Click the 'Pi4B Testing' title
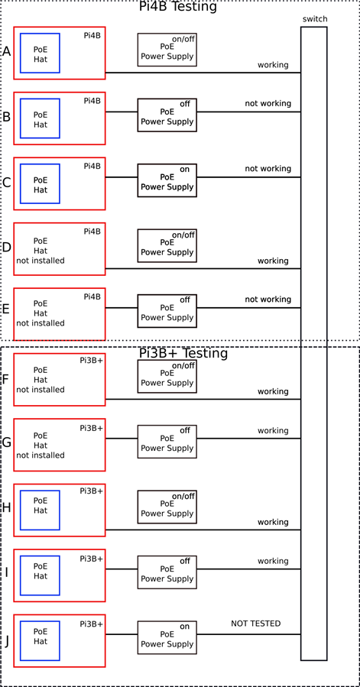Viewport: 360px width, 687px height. (x=177, y=7)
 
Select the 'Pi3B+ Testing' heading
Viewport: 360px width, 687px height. (x=183, y=353)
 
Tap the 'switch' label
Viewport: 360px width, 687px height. (x=315, y=19)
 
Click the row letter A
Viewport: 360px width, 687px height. (x=7, y=52)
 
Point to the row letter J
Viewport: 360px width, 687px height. (x=7, y=641)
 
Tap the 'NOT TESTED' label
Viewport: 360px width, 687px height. (x=255, y=623)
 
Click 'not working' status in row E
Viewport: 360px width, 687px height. (x=268, y=300)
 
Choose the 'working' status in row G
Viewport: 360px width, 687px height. (x=273, y=431)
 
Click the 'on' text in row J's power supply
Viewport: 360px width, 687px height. (x=185, y=627)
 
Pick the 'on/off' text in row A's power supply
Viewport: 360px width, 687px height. (x=183, y=39)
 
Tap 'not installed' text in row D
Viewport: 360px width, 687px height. (x=41, y=261)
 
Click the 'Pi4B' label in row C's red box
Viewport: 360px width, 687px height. (x=92, y=166)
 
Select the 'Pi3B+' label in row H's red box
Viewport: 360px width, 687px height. (x=91, y=491)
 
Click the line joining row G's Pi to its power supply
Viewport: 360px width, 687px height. (x=122, y=438)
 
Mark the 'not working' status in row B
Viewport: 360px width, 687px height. (x=268, y=103)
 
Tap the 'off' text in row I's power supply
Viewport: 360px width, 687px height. (x=185, y=561)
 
